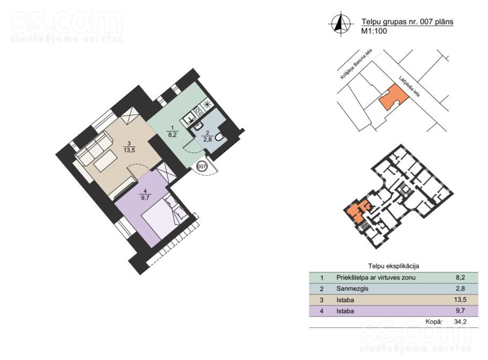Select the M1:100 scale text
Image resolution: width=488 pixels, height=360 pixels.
point(374,31)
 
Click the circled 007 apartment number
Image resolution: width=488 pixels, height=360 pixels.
point(202,166)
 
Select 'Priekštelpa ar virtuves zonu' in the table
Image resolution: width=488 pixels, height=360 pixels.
point(375,278)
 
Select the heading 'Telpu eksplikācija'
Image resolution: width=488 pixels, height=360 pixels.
point(393,266)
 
